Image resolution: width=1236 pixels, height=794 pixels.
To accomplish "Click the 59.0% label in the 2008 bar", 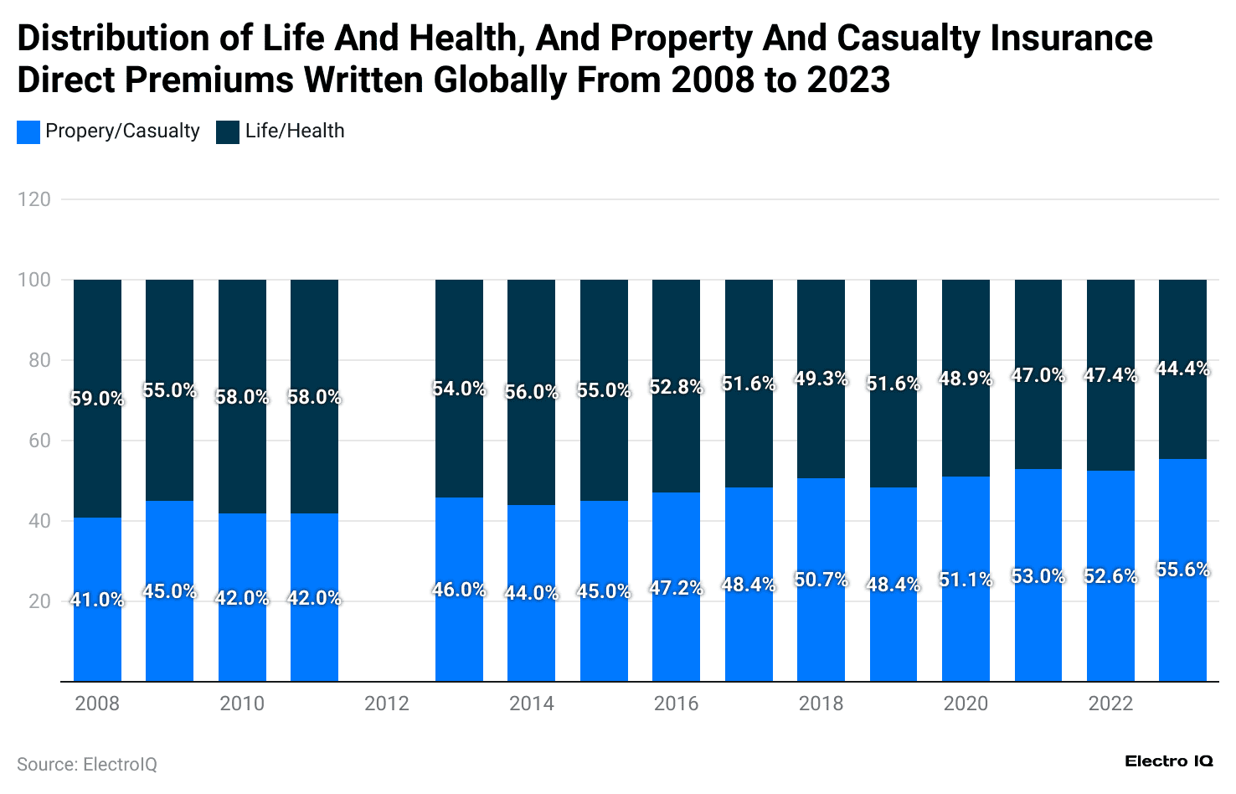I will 97,399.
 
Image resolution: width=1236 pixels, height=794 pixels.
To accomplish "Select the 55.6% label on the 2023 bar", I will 1182,570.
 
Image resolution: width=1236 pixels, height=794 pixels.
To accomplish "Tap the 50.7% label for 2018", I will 821,580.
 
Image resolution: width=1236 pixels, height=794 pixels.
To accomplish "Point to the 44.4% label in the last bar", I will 1182,369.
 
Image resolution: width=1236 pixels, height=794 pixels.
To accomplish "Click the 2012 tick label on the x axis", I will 387,704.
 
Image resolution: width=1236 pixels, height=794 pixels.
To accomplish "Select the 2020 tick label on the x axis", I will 966,704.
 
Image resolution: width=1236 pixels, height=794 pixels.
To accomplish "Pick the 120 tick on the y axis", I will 34,199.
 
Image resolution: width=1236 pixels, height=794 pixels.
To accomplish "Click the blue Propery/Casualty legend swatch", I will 28,131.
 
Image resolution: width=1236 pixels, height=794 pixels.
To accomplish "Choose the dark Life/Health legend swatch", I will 228,131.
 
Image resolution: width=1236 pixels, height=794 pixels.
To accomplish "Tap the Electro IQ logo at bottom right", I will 1168,760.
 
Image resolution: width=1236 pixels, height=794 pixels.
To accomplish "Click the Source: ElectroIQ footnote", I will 87,764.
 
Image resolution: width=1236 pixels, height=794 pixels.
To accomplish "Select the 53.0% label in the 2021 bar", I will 1038,576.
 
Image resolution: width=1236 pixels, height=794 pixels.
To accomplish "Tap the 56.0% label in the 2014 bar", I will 531,392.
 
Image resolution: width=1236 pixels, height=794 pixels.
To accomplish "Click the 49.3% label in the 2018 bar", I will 821,379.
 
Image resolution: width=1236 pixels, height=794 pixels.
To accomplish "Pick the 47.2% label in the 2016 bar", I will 676,588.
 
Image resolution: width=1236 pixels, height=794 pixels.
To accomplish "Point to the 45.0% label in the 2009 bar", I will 169,591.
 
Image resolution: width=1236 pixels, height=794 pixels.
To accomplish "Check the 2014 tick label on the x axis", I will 531,704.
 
